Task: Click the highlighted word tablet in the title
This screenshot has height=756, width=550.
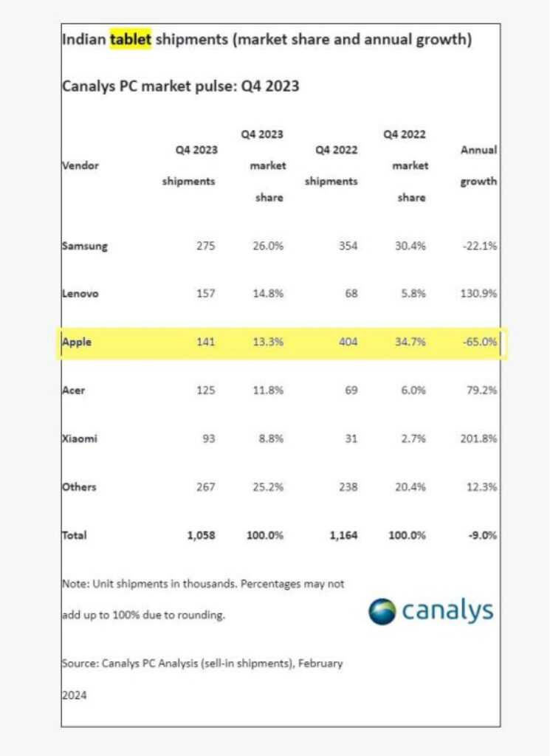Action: [x=130, y=38]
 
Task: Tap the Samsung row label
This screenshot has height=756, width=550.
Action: [x=85, y=246]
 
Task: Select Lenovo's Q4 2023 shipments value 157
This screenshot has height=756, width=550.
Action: [x=206, y=293]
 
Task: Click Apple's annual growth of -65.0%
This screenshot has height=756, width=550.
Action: [x=480, y=342]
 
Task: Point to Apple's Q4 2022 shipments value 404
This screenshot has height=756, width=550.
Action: [x=348, y=342]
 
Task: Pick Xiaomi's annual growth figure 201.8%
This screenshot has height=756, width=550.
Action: [x=478, y=439]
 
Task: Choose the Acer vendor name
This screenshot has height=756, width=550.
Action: [x=74, y=390]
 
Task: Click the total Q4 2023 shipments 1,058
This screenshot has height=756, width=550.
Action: [x=202, y=535]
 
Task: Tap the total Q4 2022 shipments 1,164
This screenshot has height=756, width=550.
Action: [x=344, y=535]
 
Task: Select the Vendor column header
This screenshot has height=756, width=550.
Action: [x=80, y=165]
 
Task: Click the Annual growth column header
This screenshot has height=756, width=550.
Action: [x=478, y=165]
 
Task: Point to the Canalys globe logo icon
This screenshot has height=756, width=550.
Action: [x=382, y=611]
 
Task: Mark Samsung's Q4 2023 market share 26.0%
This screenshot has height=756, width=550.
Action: [x=268, y=246]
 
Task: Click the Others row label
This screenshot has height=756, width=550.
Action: [x=79, y=487]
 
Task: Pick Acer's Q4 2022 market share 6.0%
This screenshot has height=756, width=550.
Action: [x=413, y=390]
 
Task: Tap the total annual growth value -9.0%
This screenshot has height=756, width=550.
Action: [x=483, y=535]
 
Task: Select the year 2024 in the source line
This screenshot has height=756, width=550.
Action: [x=75, y=695]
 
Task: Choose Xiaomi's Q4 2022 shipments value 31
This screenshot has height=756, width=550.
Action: [x=351, y=439]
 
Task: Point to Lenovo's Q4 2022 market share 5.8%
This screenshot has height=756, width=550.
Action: [x=413, y=293]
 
